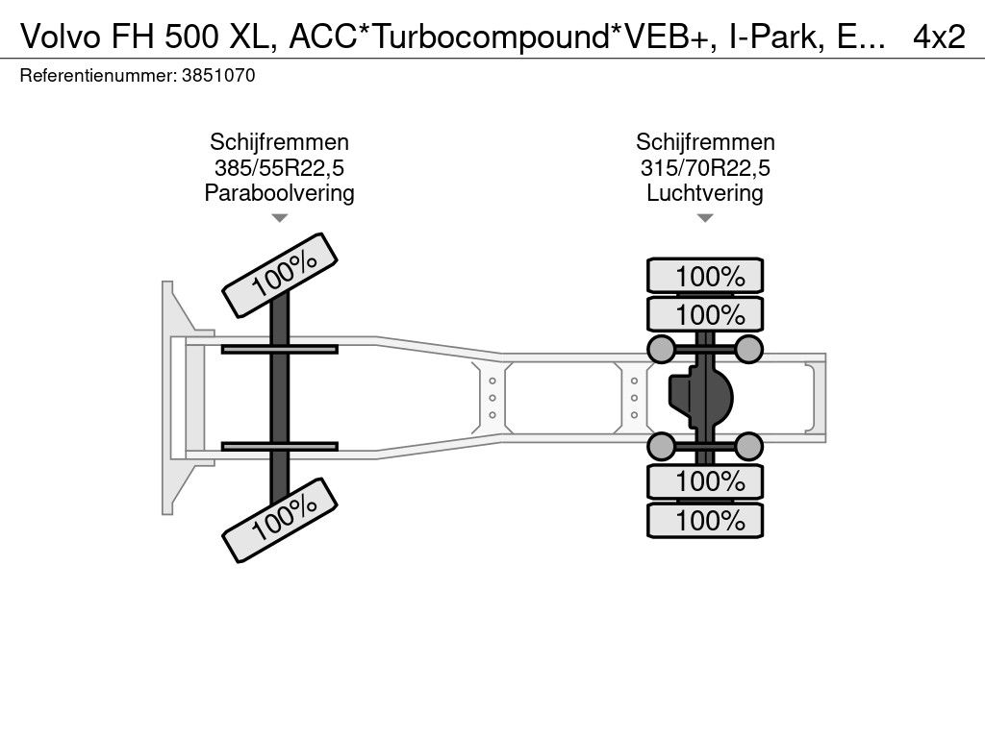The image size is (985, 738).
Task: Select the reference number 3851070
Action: coord(218,76)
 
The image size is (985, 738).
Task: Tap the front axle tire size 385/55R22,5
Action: coord(279,168)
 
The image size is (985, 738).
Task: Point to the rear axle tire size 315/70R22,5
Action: coord(705,168)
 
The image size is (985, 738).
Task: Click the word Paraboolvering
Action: coord(279,193)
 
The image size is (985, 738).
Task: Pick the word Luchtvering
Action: coord(705,193)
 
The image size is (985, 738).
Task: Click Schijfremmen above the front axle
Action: coord(279,143)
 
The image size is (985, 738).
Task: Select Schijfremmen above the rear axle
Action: coord(705,143)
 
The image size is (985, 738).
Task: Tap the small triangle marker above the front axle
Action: coord(279,218)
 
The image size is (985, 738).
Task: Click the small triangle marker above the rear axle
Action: coord(705,218)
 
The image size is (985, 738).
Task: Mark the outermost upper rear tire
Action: coord(705,276)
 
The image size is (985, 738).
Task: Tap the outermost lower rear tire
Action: coord(705,521)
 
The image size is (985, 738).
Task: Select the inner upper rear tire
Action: coord(705,314)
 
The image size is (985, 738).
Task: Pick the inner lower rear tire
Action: coord(705,481)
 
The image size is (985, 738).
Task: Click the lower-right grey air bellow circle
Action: coord(748,446)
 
